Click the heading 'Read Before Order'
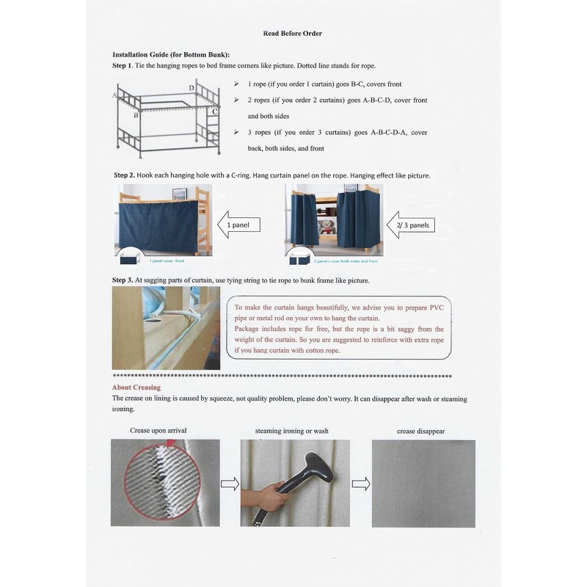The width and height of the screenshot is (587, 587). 292,33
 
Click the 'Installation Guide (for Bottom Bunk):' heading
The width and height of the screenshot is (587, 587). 170,55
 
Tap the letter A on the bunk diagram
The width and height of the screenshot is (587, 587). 114,95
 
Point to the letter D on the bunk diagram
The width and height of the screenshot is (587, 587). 192,88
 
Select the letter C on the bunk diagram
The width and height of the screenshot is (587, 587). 214,111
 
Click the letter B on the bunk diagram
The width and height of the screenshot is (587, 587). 135,115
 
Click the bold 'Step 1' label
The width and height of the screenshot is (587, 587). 121,66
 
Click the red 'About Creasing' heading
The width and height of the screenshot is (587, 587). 136,387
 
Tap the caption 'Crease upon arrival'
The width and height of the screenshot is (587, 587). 158,430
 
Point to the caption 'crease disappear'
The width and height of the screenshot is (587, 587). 420,431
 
